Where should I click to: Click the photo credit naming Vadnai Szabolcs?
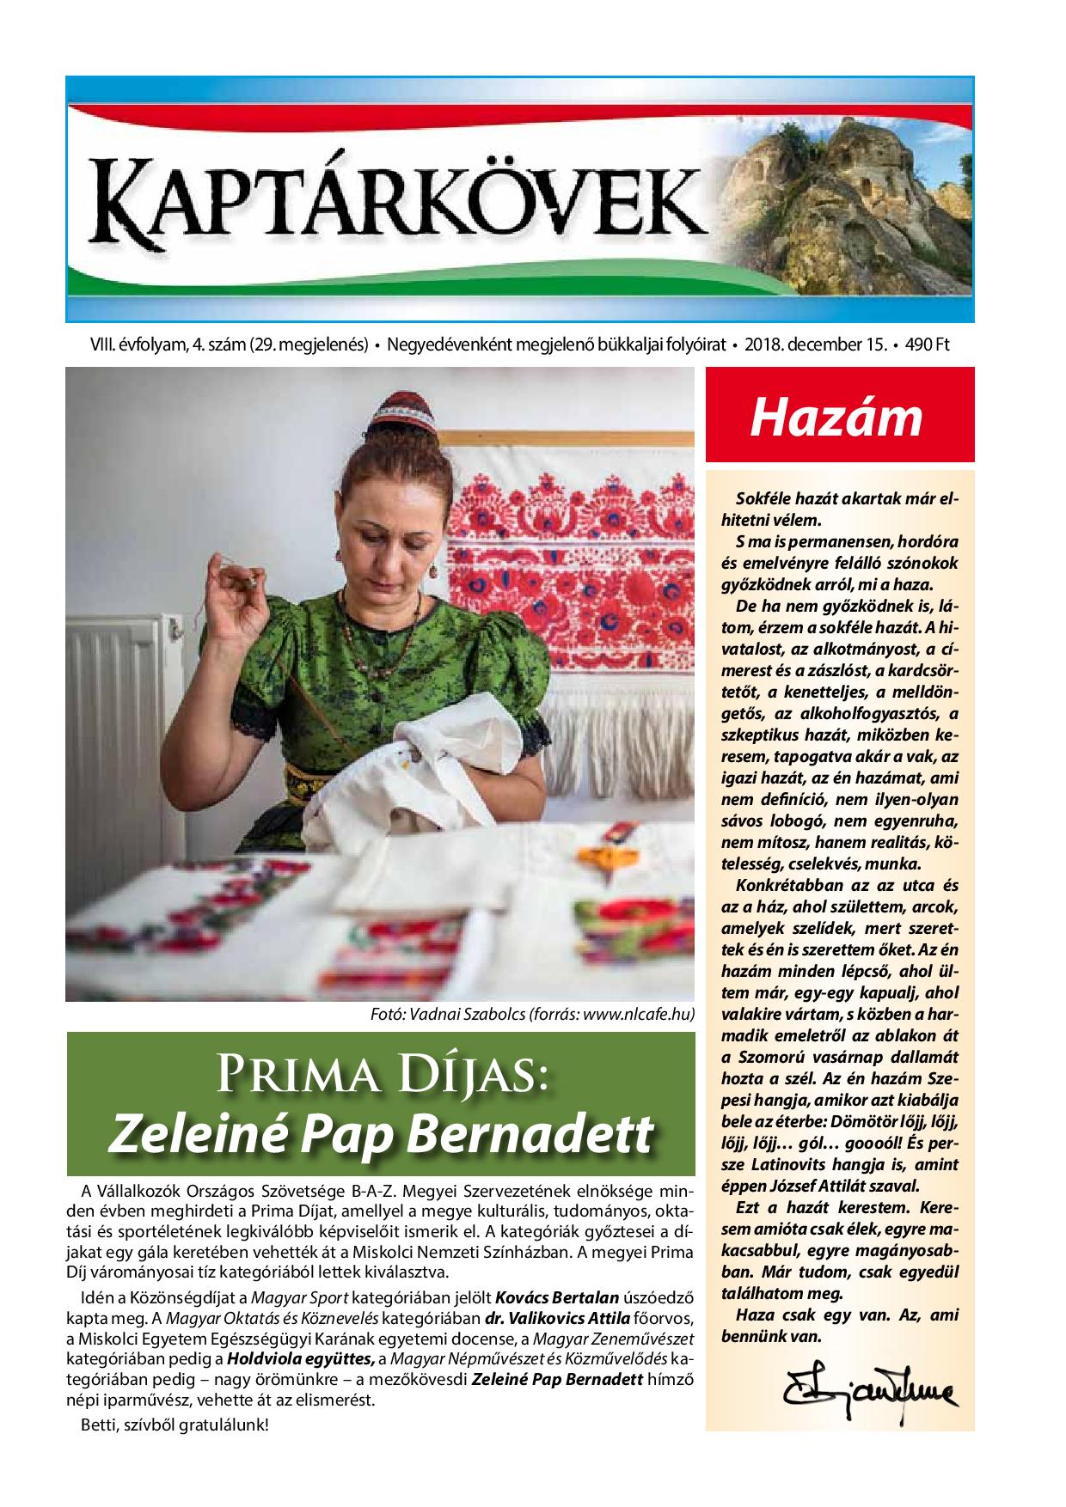531,1014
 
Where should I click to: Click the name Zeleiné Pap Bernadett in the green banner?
379,1135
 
